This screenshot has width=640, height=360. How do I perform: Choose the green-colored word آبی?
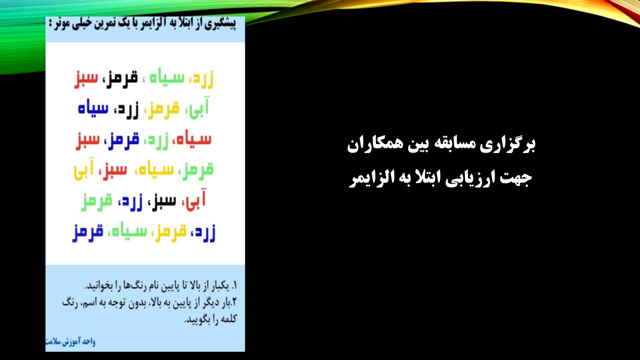pos(199,108)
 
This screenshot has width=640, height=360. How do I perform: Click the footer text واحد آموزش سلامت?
pos(70,341)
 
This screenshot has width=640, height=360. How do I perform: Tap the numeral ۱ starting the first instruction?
pos(235,285)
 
